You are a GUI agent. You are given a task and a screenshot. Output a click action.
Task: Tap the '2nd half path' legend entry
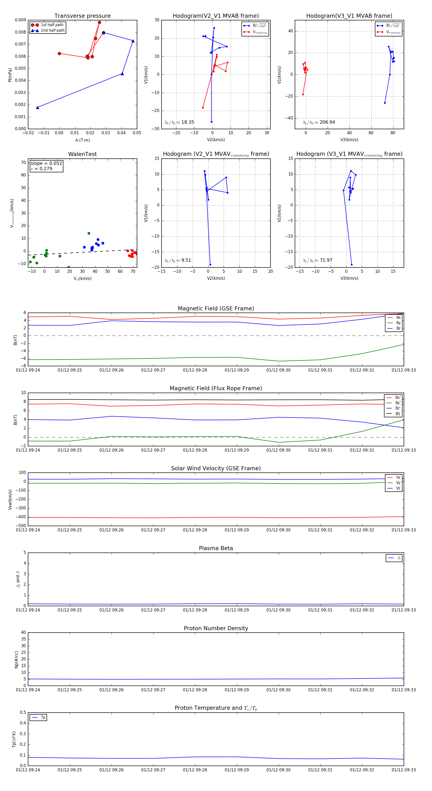53,30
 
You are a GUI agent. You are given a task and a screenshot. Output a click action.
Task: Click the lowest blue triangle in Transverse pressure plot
37,107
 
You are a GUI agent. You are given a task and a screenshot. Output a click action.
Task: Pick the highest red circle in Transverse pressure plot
99,23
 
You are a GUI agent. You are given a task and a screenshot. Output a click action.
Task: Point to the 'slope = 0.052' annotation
46,163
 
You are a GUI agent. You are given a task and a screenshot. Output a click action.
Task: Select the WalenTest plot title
82,154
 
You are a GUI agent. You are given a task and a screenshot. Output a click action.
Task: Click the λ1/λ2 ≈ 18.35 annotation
179,122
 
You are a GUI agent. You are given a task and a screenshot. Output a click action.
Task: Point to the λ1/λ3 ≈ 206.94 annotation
319,122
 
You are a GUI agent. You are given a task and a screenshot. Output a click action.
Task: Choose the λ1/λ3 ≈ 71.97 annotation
317,260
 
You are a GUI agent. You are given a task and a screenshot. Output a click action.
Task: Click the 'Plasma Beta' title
216,548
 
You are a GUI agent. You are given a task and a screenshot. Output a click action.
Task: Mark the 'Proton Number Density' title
216,628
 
